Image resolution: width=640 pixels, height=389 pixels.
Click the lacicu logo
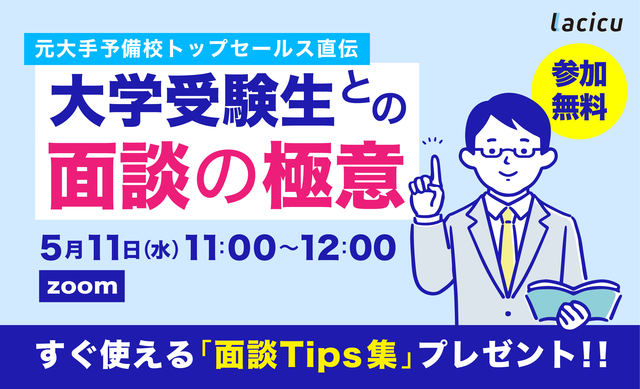586,23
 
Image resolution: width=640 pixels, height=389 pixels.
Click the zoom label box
82,286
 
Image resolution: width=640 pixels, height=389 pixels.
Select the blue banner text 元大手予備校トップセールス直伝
197,49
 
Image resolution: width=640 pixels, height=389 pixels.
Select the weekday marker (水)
161,249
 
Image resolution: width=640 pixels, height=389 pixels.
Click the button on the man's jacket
508,314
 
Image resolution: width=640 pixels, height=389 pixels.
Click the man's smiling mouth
508,173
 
